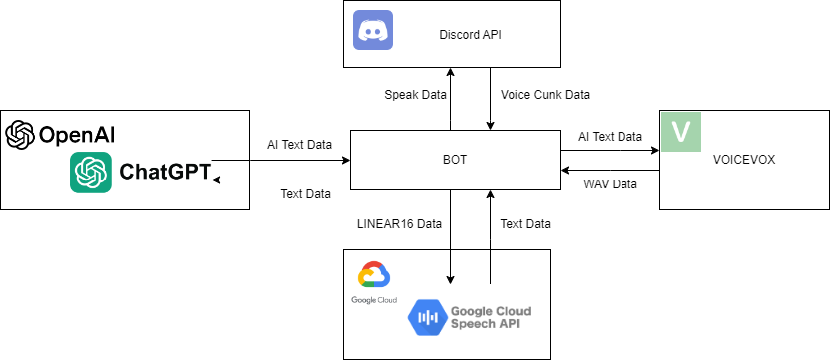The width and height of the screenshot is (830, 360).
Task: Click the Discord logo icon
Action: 374,30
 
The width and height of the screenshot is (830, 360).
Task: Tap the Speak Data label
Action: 414,95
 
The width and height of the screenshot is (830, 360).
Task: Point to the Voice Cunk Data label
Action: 545,95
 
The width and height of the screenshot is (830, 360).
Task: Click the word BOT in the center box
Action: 453,158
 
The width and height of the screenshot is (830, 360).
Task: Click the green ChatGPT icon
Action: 91,173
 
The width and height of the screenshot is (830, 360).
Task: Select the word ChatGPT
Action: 165,173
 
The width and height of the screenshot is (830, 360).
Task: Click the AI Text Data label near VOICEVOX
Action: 611,136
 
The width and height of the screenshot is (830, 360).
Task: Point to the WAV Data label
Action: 609,184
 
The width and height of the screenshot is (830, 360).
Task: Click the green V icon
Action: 680,132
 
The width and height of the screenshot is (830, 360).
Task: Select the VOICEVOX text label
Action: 743,159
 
